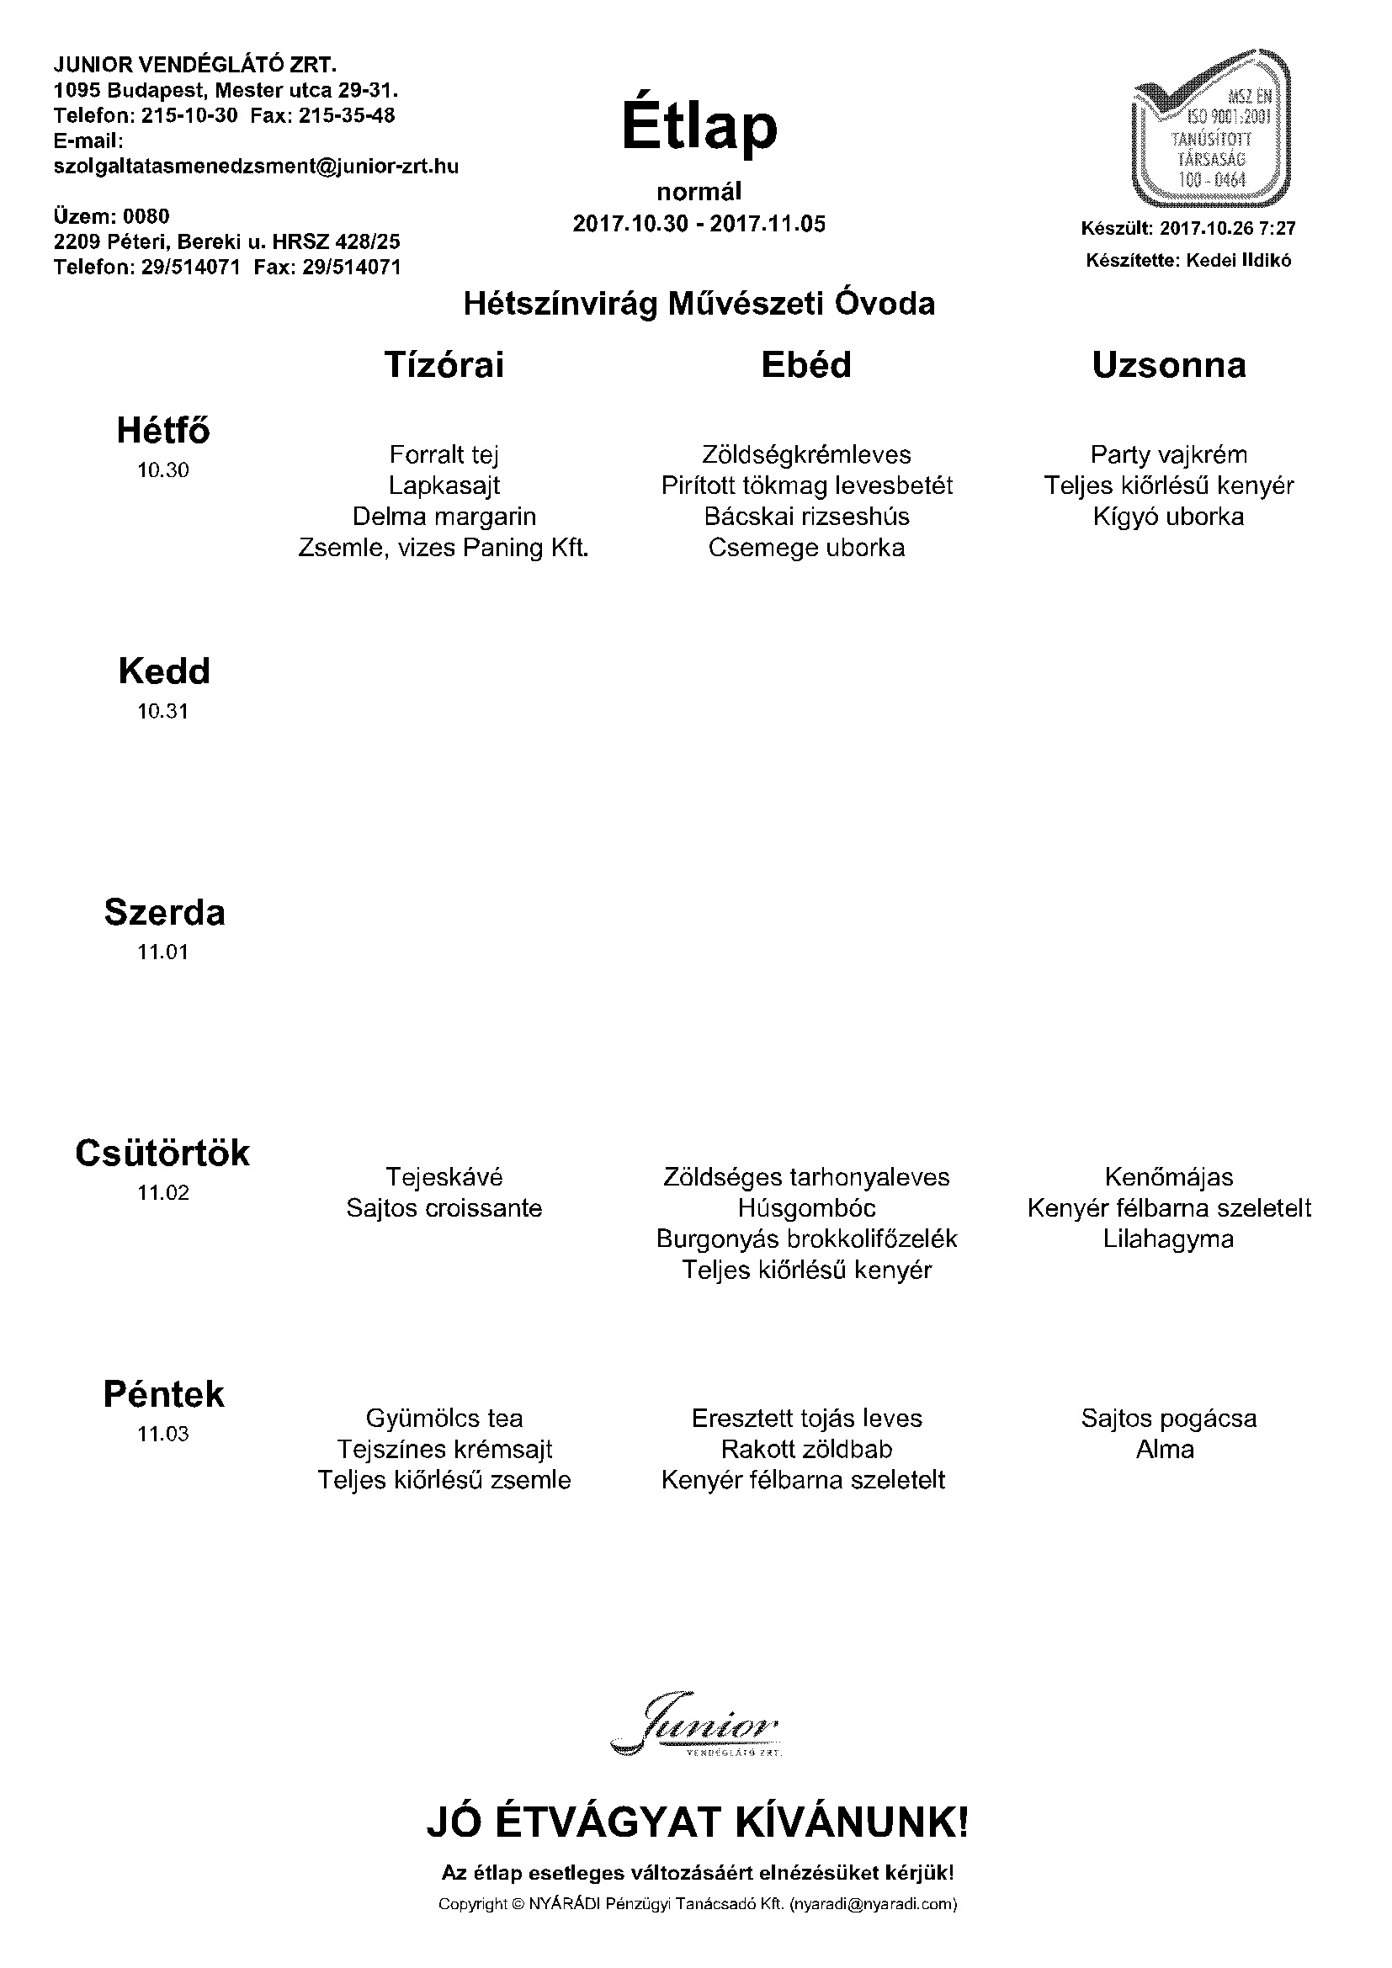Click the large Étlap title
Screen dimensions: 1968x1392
(699, 128)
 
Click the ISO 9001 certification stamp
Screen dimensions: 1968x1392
(1211, 130)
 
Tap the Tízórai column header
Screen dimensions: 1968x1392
(444, 365)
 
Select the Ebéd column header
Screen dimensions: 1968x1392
(805, 365)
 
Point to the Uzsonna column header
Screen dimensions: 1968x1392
(1168, 365)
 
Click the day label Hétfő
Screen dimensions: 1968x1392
(163, 430)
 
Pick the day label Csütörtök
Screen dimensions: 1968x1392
(163, 1153)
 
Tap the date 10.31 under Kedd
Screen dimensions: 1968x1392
(163, 711)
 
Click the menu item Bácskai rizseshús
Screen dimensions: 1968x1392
(806, 516)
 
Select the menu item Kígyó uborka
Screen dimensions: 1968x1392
(1168, 516)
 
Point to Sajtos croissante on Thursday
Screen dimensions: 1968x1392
(444, 1207)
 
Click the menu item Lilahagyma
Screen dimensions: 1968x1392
(1168, 1239)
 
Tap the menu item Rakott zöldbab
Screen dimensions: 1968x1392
(806, 1449)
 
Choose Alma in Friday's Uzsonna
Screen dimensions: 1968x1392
(1165, 1449)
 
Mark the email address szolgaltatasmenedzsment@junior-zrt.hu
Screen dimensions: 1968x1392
(257, 167)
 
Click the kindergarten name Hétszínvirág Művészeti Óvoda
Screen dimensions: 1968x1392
(699, 304)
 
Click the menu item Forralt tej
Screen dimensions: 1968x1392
(444, 454)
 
